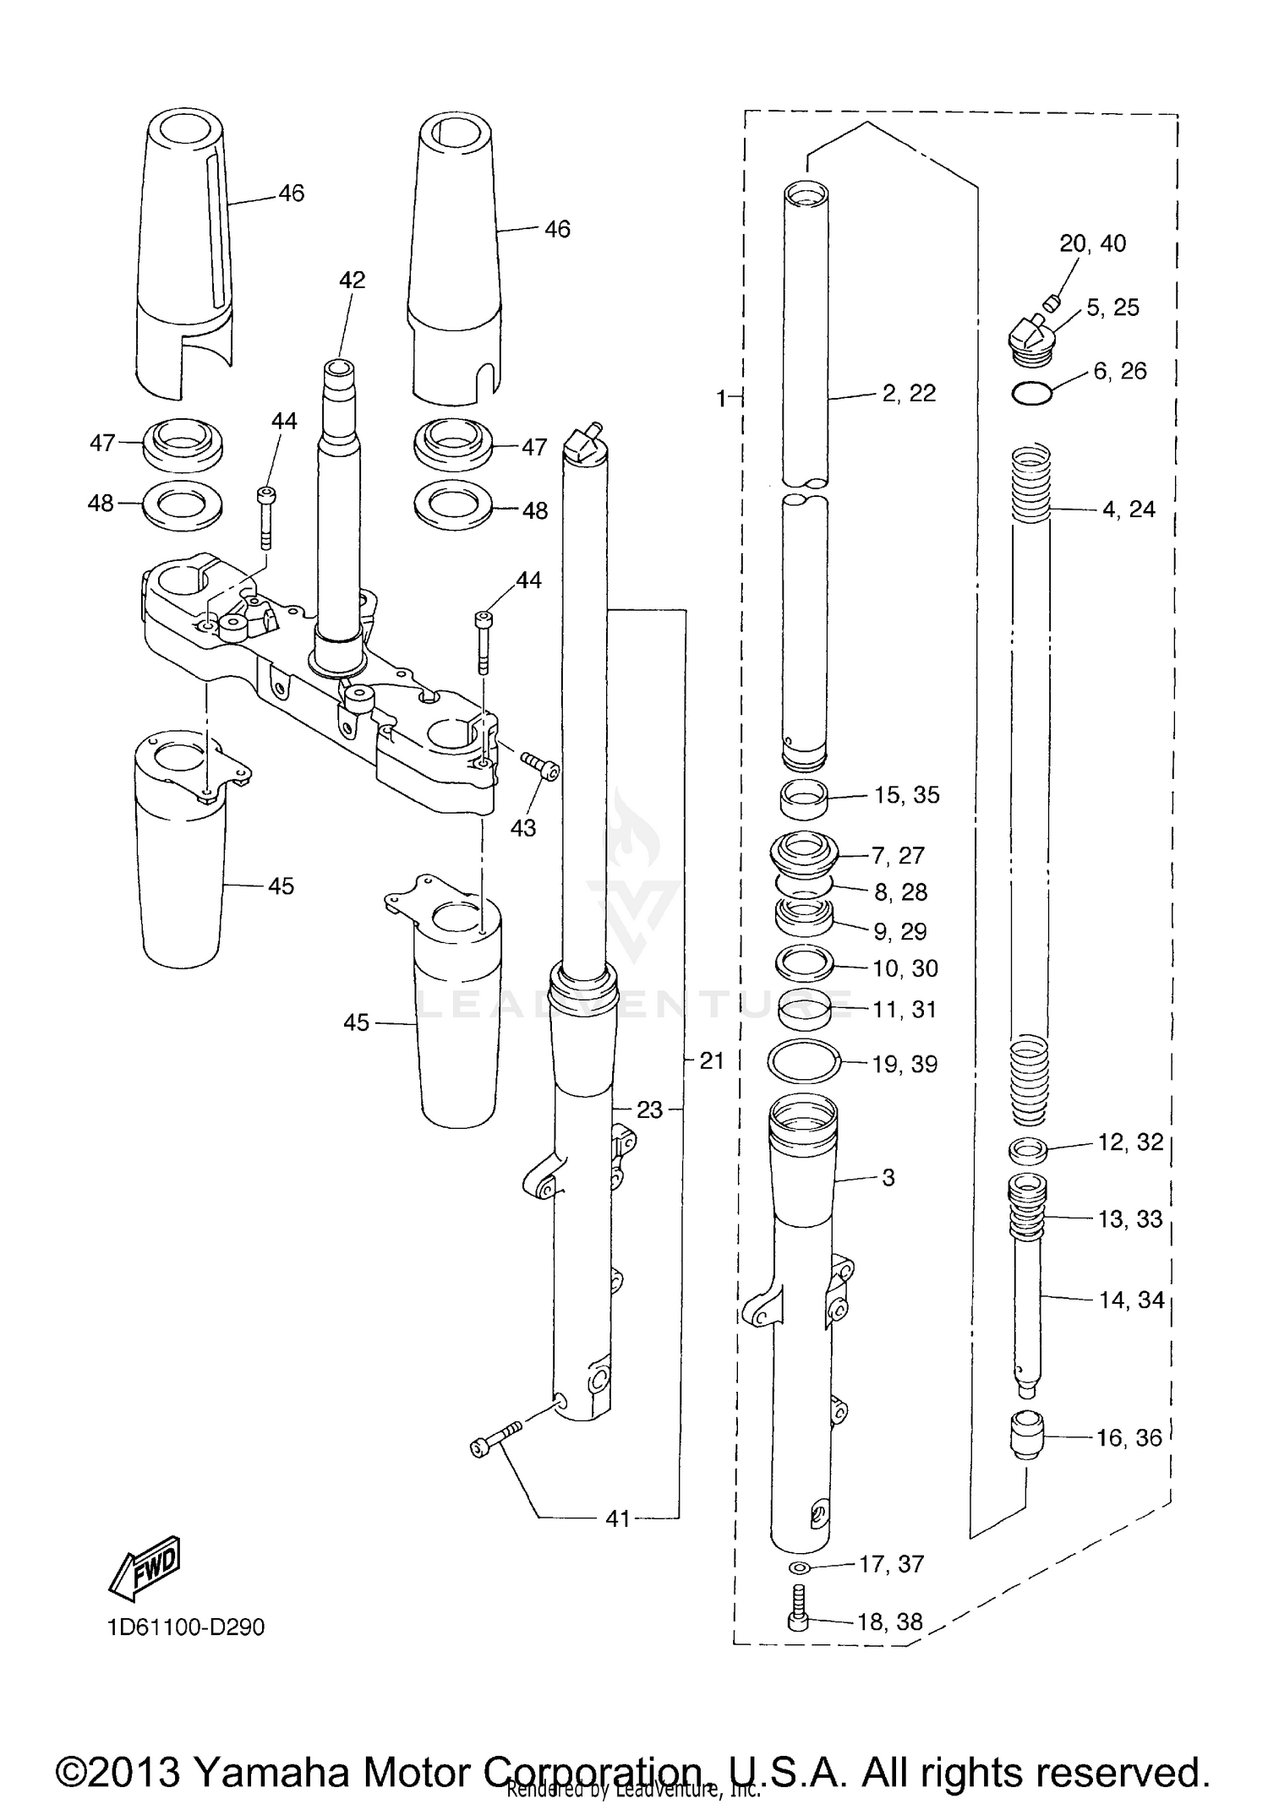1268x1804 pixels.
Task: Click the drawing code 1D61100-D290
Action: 186,1627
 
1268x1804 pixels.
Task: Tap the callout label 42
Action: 352,281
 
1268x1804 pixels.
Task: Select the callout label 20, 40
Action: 1092,243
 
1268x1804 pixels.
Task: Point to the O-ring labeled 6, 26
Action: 1032,393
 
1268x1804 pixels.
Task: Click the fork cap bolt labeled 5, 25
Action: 1031,341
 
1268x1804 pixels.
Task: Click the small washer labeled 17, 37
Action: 798,1567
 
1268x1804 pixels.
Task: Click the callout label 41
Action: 618,1518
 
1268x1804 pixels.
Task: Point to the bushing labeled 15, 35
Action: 803,799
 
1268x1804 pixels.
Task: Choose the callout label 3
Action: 888,1178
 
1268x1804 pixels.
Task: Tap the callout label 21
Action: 711,1060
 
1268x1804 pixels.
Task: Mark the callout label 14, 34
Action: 1131,1300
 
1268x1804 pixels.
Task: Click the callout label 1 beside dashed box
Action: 721,398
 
